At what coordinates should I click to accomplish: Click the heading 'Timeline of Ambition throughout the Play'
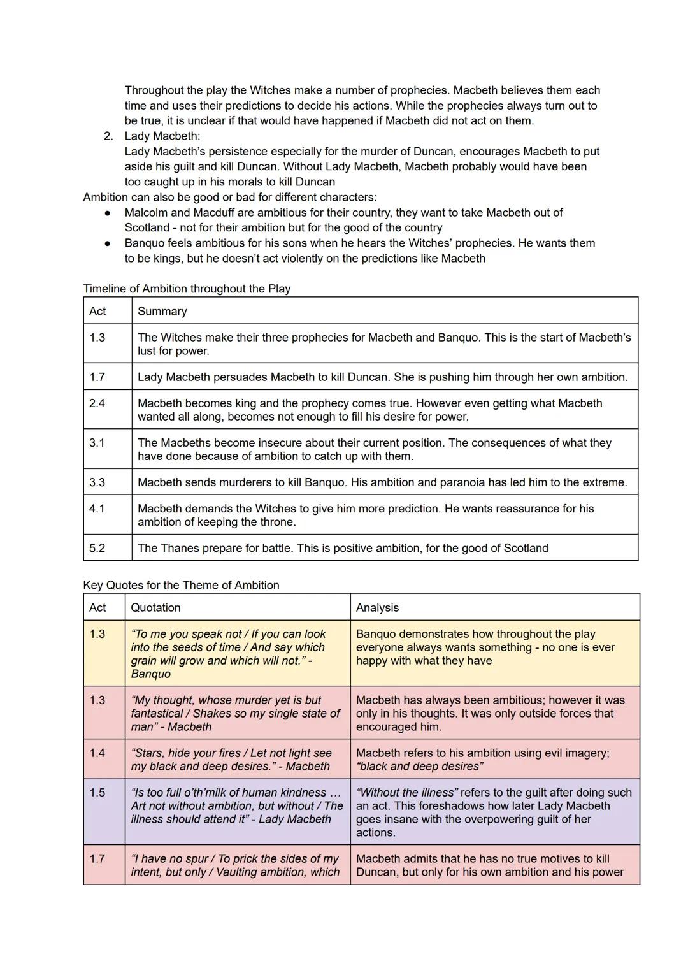pos(187,289)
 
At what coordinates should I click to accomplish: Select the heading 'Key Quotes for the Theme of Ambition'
pos(181,585)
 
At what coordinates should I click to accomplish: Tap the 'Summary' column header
pos(162,311)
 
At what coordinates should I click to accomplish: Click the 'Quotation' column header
pos(155,607)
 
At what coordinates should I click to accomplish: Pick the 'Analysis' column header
pos(377,607)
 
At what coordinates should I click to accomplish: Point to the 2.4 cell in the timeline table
pos(97,403)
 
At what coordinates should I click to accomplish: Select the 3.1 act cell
pos(97,443)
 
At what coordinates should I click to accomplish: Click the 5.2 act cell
pos(97,548)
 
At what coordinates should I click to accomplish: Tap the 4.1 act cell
pos(97,509)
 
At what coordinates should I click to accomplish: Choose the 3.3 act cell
pos(97,482)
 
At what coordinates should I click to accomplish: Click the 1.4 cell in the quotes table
pos(97,753)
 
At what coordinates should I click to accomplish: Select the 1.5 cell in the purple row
pos(97,793)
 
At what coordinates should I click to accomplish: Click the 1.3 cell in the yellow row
pos(97,634)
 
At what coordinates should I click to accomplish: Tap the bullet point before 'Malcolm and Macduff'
pos(108,213)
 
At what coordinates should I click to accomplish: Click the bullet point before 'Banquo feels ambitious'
pos(108,243)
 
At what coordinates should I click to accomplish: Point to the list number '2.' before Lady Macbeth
pos(108,136)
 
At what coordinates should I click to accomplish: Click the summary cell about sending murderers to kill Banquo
pos(382,482)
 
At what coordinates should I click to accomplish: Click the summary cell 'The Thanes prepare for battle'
pos(343,548)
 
